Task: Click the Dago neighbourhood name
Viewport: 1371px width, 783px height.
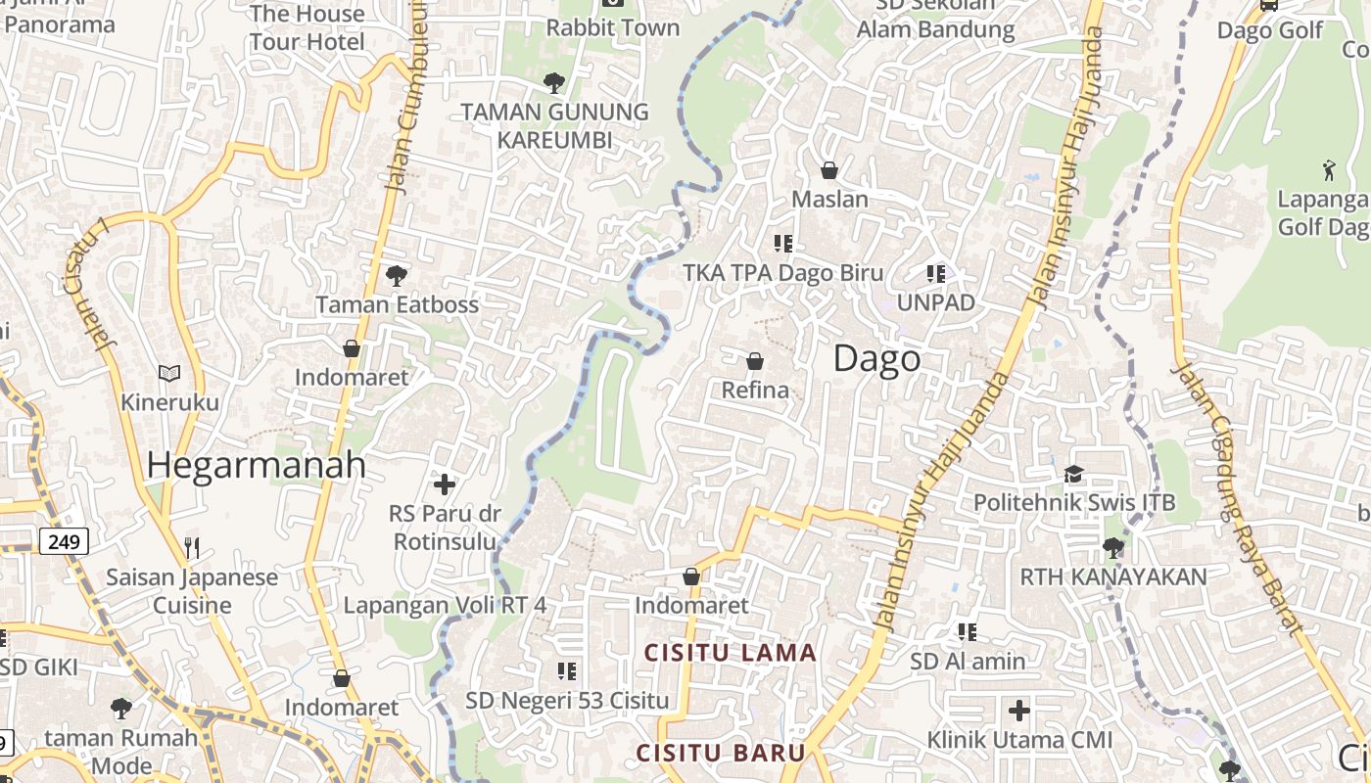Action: pos(876,359)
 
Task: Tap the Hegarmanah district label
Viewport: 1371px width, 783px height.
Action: pos(257,465)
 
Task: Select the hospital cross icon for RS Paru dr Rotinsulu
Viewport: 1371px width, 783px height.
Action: pos(445,484)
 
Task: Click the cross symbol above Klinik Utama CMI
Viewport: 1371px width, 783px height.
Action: pos(1019,710)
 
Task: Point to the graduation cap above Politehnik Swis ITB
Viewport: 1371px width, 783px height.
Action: pos(1073,475)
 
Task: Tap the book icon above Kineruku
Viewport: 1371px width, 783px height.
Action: pos(169,373)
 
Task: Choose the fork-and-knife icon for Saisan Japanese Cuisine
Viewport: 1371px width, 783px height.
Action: pos(192,547)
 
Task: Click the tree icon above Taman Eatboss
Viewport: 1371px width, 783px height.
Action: pos(397,275)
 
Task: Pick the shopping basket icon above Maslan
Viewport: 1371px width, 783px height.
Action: pos(829,170)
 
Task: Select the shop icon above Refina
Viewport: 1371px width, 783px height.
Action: pos(755,361)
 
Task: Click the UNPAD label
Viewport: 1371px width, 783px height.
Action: pos(936,302)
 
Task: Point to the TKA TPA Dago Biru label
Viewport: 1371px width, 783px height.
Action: pos(783,273)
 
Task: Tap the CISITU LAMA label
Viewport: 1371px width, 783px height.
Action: pos(730,653)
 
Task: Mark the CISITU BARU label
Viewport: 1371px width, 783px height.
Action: pos(721,753)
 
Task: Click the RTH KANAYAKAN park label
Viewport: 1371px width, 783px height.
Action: pos(1113,576)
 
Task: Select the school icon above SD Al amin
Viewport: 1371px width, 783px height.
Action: pos(968,632)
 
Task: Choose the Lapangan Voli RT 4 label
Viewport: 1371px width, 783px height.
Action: pos(445,605)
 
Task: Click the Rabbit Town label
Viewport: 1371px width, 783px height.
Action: pos(613,27)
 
